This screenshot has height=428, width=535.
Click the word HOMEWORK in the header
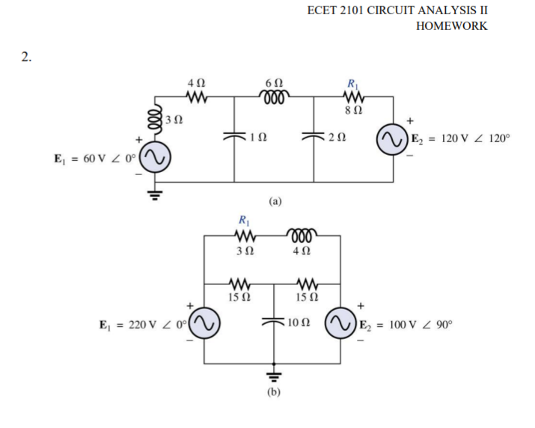coord(451,25)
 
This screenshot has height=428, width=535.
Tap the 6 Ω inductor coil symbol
coord(269,95)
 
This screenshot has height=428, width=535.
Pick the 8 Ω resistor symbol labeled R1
coord(351,95)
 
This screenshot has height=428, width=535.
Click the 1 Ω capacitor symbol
coord(234,137)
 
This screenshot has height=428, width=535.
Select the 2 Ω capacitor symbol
coord(314,137)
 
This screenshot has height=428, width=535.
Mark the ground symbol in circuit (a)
coord(155,196)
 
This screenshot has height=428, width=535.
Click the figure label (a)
coord(275,201)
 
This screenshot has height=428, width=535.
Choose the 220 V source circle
coord(205,325)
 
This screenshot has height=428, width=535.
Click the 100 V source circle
coord(340,325)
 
